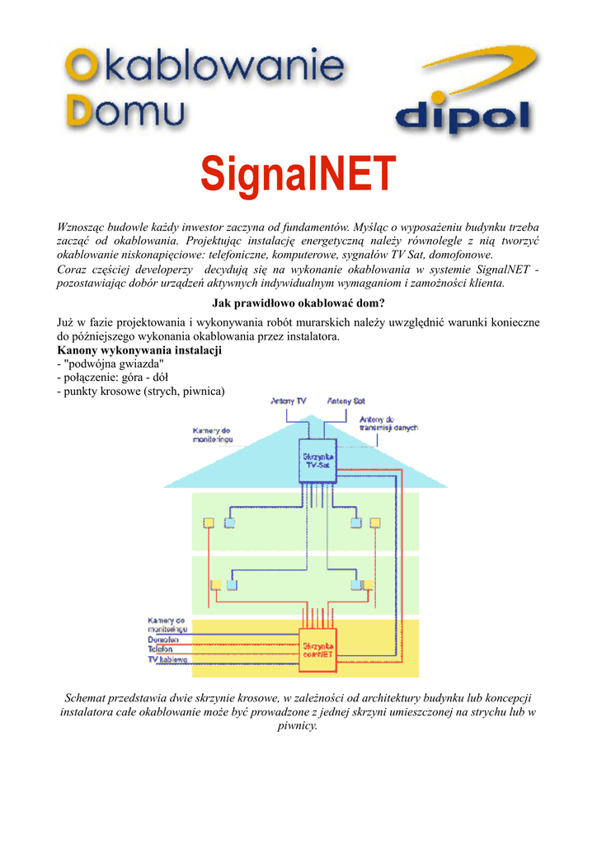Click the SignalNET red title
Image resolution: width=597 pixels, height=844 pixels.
coord(298,176)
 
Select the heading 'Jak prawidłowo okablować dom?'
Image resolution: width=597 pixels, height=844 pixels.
coord(298,303)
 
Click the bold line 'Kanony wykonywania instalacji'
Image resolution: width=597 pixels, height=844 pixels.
coord(139,350)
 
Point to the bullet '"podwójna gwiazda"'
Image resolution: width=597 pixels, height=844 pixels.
coord(110,363)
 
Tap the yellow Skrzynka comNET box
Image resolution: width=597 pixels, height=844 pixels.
coord(317,649)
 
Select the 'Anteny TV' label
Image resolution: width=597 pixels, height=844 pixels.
coord(289,401)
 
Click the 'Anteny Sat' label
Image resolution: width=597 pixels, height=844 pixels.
coord(346,401)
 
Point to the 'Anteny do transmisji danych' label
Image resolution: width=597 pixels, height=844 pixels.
coord(389,424)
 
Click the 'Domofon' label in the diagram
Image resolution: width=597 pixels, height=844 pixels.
coord(165,640)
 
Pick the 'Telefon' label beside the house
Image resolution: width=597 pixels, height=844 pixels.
coord(163,649)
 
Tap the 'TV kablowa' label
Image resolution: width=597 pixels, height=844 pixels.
coord(168,660)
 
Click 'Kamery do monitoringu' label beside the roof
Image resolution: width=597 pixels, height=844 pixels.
coord(213,435)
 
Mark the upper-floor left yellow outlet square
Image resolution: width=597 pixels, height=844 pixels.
coord(209,523)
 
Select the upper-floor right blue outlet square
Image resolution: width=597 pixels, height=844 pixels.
coord(357,523)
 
